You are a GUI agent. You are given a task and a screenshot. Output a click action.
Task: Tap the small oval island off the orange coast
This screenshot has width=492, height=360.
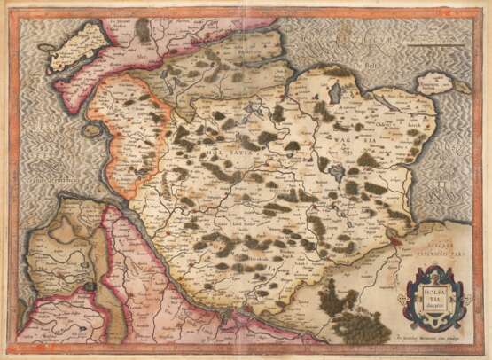pyautogui.click(x=91, y=129)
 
